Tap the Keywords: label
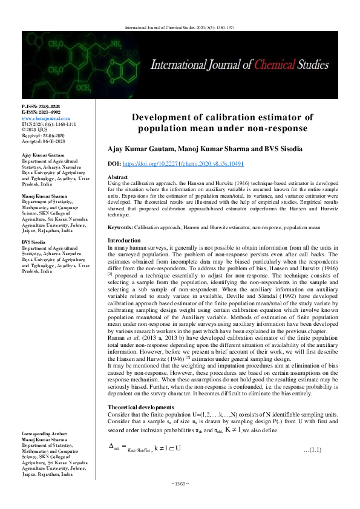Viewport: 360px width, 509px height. [x=120, y=228]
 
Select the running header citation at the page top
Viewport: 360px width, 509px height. [x=180, y=27]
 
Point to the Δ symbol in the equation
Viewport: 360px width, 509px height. [x=110, y=446]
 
